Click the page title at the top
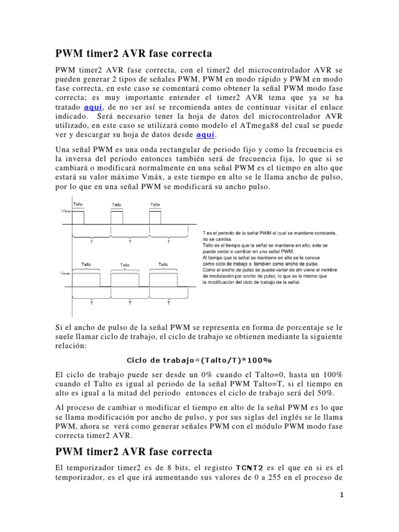134,54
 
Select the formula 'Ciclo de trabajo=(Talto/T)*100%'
199,360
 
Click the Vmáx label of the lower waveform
66,272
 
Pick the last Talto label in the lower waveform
163,264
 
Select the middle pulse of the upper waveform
117,217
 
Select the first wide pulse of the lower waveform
86,278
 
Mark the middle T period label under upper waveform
130,242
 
